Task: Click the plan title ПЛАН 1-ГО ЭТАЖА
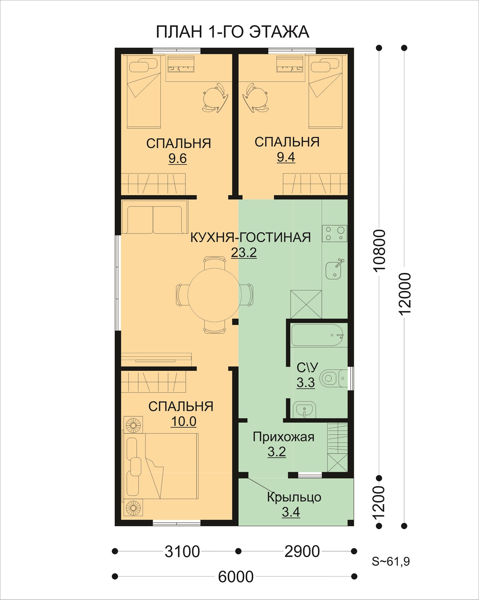coord(233,32)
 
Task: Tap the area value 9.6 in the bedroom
coord(177,159)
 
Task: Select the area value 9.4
coord(286,157)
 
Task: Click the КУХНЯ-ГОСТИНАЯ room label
coord(250,237)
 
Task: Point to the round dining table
coord(214,295)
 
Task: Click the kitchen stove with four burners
coord(335,234)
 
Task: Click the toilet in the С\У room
coord(333,378)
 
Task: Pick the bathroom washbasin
coord(304,410)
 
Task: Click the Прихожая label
coord(284,437)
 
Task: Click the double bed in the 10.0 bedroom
coord(161,466)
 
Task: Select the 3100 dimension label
coord(182,551)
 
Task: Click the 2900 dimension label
coord(302,551)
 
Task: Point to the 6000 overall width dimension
coord(236,576)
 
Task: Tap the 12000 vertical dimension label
coord(405,294)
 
